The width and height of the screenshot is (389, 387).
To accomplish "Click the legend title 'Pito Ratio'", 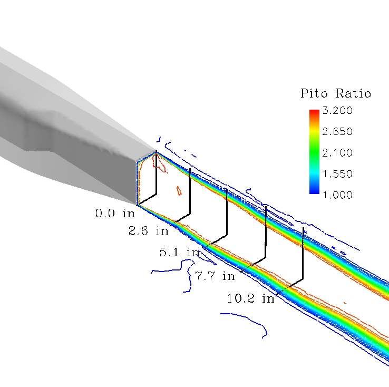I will (x=336, y=94).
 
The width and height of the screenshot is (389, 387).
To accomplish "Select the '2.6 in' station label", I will (x=148, y=231).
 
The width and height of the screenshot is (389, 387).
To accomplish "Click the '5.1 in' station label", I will (x=180, y=253).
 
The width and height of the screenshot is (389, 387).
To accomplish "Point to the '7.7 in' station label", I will (x=215, y=276).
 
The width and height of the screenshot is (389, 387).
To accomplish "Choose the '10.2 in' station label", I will (x=251, y=298).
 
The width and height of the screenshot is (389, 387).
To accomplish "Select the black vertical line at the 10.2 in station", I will (x=303, y=253).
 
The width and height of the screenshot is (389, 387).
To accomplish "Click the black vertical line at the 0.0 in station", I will (x=157, y=174).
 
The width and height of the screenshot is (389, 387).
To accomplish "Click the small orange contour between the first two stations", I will (x=179, y=190).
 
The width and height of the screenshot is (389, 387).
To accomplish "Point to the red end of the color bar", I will (x=314, y=112).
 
